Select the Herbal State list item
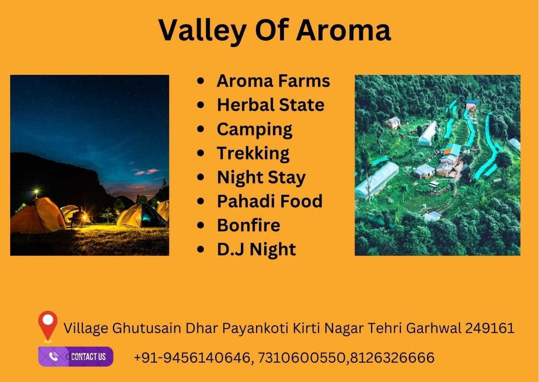click(x=271, y=105)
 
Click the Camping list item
click(x=255, y=130)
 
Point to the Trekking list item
click(x=253, y=154)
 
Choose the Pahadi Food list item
click(x=269, y=201)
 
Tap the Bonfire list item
click(x=248, y=225)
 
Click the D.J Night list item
click(x=256, y=249)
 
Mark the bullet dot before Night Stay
click(x=200, y=177)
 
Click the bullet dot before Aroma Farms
click(x=200, y=81)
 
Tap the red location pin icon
click(x=48, y=326)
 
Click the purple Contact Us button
click(x=76, y=356)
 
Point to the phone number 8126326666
click(x=392, y=358)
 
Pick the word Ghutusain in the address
click(x=147, y=328)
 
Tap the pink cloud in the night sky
click(x=147, y=171)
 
